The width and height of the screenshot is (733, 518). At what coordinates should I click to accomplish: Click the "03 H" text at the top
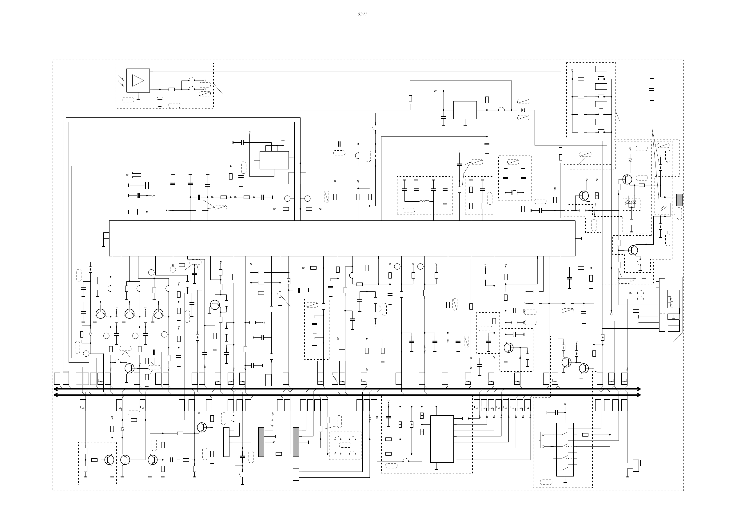coord(362,14)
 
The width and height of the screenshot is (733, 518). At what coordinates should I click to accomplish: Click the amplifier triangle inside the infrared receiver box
coord(138,80)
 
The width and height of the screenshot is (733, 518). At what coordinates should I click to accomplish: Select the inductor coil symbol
coord(424,201)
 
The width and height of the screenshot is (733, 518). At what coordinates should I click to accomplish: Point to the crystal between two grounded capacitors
coord(514,192)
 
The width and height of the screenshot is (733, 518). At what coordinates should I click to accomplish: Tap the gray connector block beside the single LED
coord(679,200)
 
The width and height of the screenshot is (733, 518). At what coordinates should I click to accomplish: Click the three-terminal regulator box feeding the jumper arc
coord(465,110)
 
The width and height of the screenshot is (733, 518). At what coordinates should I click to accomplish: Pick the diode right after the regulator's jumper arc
coord(523,110)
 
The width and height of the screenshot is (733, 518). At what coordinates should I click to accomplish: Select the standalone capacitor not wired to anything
coord(651,89)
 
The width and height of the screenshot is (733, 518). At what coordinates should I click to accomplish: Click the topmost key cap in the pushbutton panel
coord(601,69)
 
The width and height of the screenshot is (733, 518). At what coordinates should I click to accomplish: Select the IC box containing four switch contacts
coord(565,449)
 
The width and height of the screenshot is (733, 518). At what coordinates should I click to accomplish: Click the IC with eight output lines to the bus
coord(442,439)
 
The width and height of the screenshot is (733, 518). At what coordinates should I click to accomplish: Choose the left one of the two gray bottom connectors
coord(261,442)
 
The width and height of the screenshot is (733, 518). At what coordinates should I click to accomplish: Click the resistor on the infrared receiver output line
coord(171,89)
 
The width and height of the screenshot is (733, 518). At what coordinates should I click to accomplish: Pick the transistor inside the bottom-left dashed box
coord(110,460)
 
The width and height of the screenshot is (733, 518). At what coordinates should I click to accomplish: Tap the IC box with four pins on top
coord(274,160)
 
